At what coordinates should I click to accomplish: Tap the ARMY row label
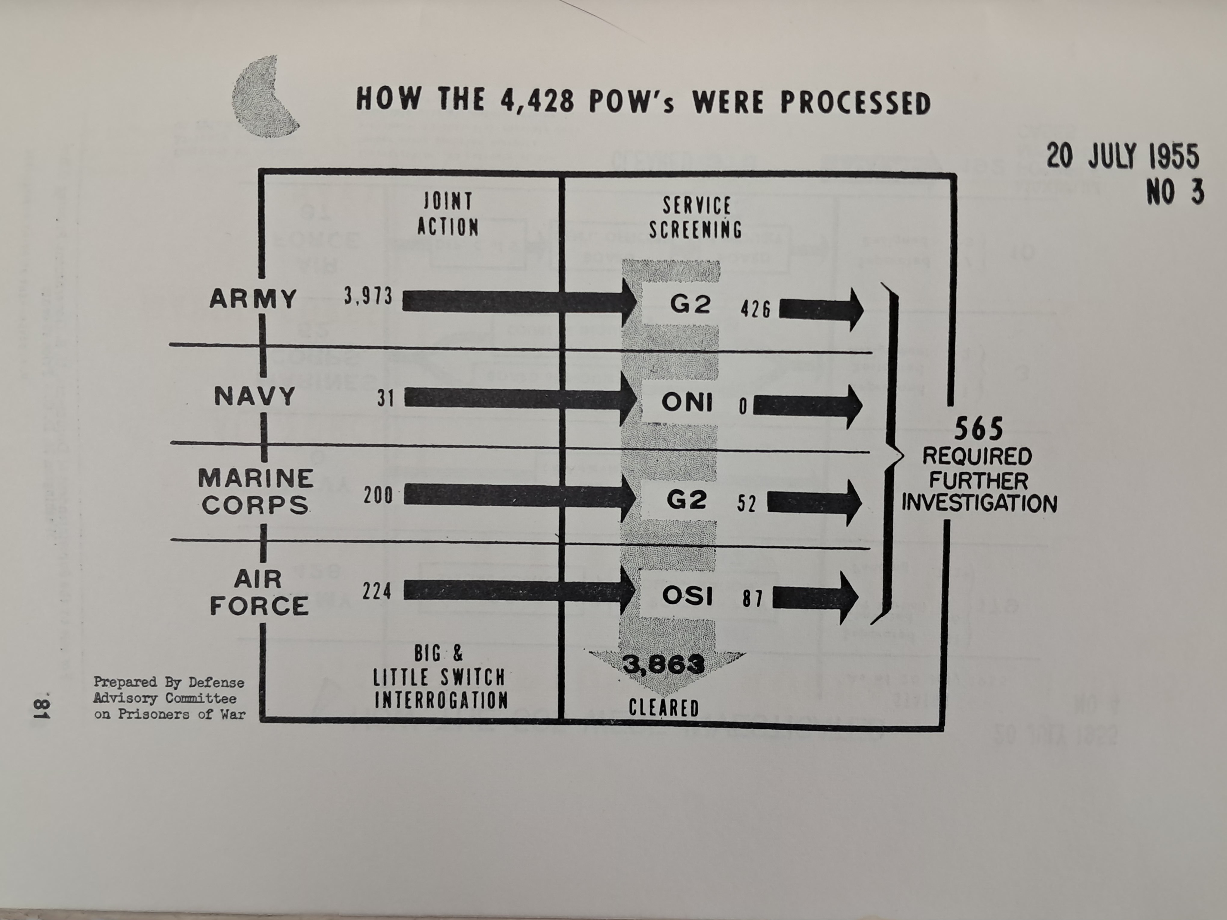tap(253, 299)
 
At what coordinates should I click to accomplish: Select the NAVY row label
tap(255, 397)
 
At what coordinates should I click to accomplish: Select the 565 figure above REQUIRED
tap(979, 429)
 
